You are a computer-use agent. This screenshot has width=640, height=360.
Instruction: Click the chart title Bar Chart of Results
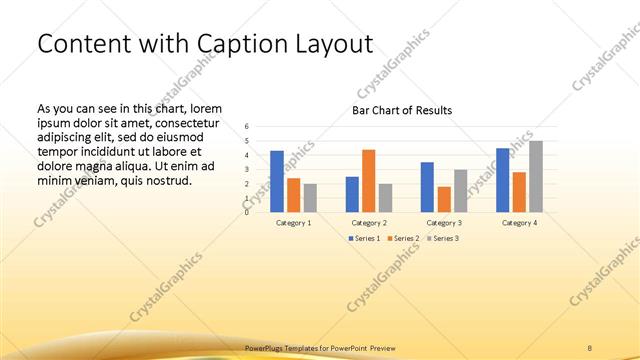point(402,110)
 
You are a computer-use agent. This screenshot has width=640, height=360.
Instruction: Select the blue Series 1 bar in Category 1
point(277,181)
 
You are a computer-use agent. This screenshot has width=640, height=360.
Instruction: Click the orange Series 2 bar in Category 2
point(368,180)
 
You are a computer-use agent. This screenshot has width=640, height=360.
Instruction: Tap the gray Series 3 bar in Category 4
point(536,176)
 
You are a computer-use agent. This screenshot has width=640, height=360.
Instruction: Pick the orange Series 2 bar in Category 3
point(444,199)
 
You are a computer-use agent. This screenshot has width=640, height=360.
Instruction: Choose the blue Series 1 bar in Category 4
point(503,180)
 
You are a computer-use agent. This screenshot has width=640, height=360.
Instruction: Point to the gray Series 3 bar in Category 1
point(310,197)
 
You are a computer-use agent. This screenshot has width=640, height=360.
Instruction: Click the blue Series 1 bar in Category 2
point(352,194)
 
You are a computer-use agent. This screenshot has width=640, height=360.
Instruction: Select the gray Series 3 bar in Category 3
point(460,190)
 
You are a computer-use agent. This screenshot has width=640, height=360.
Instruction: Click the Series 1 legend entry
point(364,239)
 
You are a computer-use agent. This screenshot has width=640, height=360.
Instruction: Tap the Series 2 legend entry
point(402,239)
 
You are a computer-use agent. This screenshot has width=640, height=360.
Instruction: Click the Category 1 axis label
point(293,222)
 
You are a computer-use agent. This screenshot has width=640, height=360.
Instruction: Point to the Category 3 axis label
point(444,222)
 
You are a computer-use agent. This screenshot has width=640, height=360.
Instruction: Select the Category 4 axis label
point(519,222)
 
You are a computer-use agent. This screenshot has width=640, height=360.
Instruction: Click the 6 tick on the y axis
point(247,127)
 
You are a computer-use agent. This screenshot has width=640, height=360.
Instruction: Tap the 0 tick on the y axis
point(247,212)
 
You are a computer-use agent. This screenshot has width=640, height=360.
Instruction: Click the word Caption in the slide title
point(248,44)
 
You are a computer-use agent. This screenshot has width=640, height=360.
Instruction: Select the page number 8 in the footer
point(590,347)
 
